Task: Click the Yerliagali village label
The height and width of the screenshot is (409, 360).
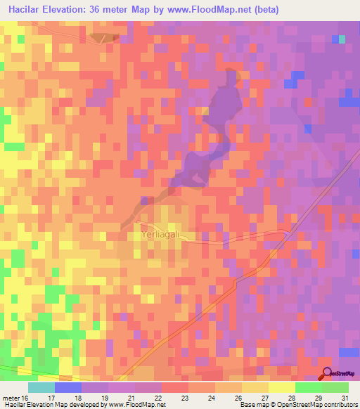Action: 162,235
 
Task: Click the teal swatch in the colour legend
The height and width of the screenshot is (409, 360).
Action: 41,387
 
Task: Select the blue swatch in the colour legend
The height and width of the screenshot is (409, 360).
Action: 67,387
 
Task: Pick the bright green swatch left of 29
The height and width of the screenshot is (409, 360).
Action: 308,387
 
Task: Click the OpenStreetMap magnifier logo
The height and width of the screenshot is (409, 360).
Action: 326,374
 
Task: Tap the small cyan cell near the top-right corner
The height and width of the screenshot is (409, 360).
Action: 342,39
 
